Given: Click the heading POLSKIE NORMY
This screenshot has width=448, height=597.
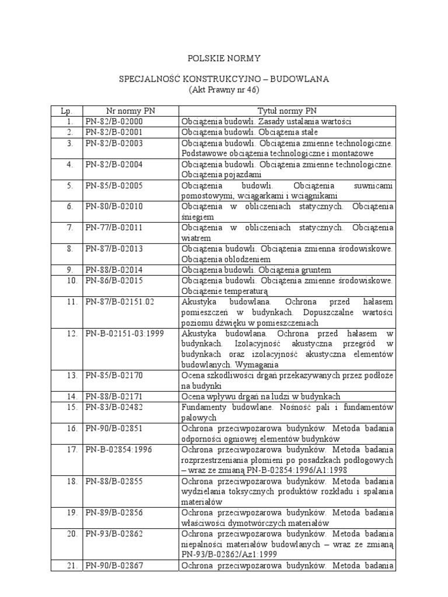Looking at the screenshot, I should (223, 59).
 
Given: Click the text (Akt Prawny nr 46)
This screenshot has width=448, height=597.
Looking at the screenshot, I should (223, 90).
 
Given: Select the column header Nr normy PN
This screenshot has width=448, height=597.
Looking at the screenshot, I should (130, 111).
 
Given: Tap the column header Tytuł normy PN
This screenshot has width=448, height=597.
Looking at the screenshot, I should (287, 111).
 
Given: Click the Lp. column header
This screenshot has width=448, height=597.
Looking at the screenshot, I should (66, 111).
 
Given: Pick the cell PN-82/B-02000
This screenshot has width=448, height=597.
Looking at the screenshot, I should (114, 122).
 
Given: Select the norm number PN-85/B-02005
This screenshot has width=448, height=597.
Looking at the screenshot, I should (114, 185).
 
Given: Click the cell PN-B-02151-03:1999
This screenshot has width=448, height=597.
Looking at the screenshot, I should (124, 334).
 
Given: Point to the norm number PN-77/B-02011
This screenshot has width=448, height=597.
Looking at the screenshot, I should (114, 227).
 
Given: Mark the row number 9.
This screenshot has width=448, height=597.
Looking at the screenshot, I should (70, 270).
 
